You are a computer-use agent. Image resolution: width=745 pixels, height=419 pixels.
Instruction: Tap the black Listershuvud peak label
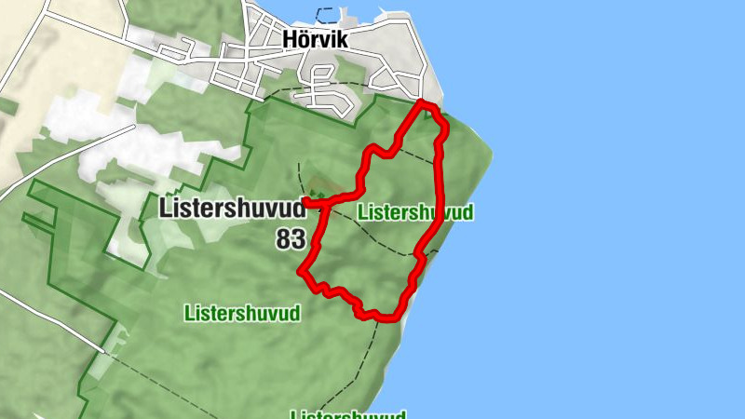click(x=232, y=208)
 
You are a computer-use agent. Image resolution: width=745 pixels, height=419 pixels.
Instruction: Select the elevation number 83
click(x=291, y=239)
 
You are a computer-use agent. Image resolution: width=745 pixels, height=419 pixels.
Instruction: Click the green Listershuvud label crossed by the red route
click(x=415, y=212)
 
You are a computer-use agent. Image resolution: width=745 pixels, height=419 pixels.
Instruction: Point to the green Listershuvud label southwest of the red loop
click(x=242, y=313)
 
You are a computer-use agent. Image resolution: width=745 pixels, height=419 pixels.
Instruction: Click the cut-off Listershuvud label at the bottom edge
click(x=348, y=414)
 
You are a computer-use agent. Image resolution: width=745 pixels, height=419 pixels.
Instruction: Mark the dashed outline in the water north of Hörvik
click(x=326, y=14)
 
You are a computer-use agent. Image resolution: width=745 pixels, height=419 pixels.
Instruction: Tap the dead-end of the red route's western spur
click(x=306, y=200)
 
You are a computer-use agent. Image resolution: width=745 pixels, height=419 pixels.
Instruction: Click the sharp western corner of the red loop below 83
click(x=301, y=272)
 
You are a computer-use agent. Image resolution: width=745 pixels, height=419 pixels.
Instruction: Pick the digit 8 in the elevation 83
click(x=283, y=239)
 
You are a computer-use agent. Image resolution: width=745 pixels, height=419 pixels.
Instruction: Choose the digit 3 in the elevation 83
click(x=298, y=239)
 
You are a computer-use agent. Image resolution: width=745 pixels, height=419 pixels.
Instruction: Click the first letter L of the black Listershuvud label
click(x=166, y=208)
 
